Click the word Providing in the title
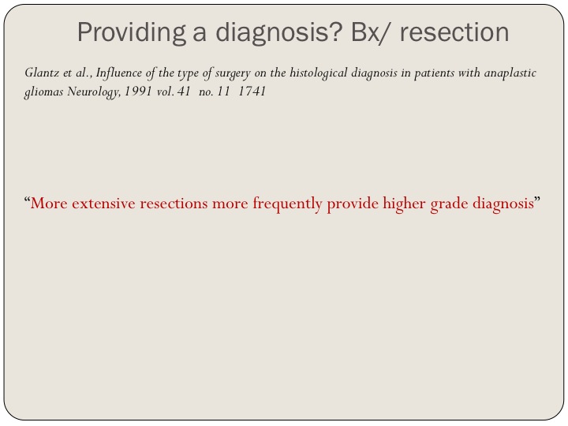[x=131, y=33]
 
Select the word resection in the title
[x=454, y=32]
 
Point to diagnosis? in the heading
[x=279, y=33]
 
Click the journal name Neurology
[x=94, y=92]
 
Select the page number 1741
[x=252, y=91]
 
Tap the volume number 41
[x=184, y=91]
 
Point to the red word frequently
[x=288, y=204]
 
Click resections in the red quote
[x=174, y=204]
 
